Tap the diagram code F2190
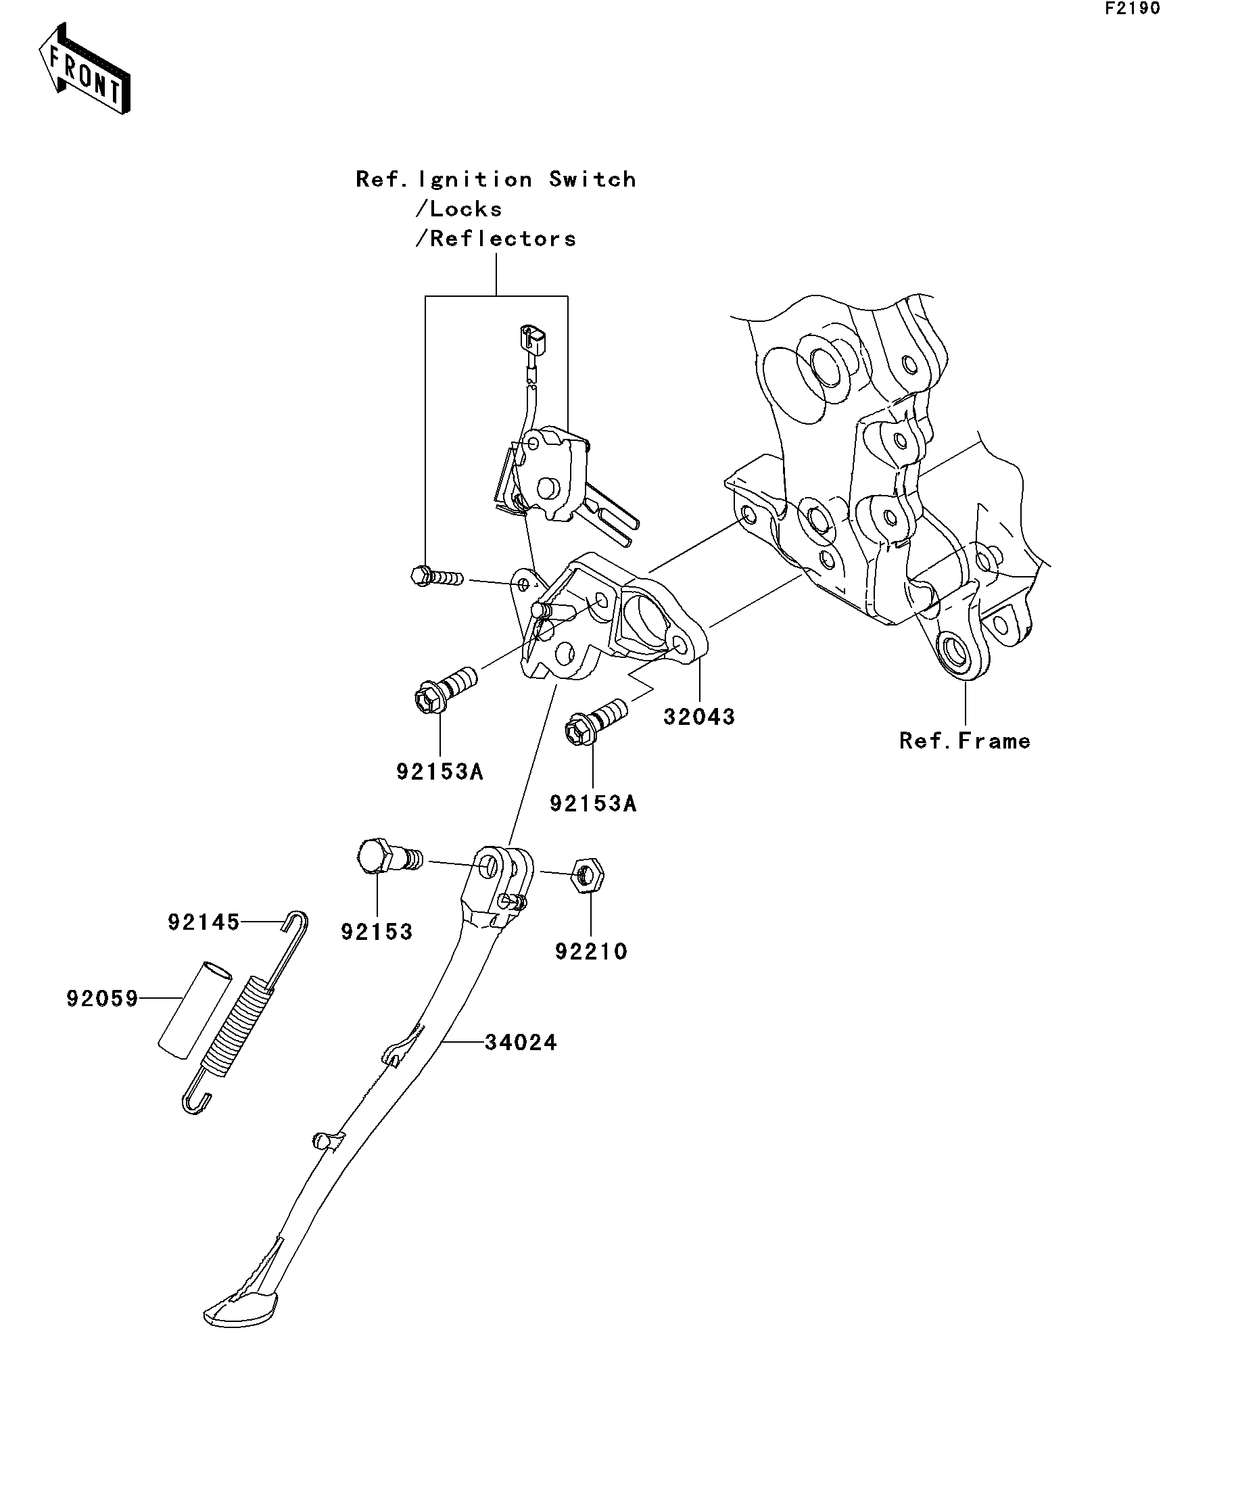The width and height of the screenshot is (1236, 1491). [x=1132, y=9]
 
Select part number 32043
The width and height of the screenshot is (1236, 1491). [x=698, y=717]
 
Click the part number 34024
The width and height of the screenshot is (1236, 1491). [x=521, y=1042]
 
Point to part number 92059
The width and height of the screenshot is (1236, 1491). [x=102, y=999]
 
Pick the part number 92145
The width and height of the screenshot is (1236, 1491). [x=204, y=922]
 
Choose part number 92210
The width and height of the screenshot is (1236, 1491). [x=591, y=951]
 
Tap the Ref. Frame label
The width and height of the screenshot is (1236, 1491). [x=964, y=741]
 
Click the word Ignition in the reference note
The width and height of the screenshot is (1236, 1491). [x=475, y=180]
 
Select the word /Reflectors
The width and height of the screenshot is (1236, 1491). [x=496, y=239]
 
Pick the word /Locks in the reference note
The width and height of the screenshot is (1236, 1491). [x=458, y=210]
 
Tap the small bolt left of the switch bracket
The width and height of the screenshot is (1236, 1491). [x=435, y=576]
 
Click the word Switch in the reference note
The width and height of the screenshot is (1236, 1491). [x=592, y=180]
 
